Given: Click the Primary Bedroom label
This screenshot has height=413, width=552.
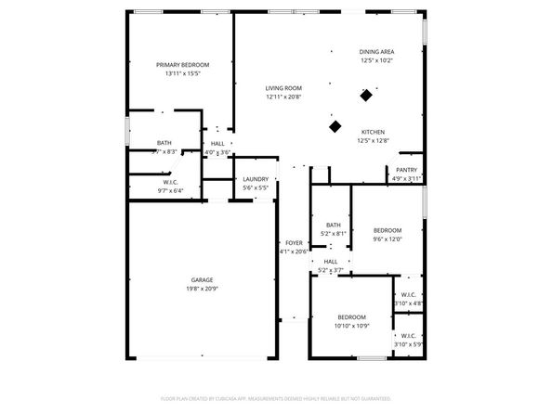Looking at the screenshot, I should click(x=182, y=65).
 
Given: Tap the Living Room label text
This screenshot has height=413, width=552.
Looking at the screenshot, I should click(x=283, y=87).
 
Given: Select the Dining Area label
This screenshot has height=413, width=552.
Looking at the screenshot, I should click(x=376, y=52).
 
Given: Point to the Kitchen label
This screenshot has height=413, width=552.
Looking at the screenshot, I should click(x=373, y=132).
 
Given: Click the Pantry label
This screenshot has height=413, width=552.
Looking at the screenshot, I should click(x=406, y=170).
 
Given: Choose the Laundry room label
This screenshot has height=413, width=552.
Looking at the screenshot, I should click(x=256, y=179).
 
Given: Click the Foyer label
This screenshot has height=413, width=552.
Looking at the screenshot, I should click(x=294, y=243).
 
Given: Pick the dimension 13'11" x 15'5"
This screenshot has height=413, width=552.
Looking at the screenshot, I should click(x=182, y=73).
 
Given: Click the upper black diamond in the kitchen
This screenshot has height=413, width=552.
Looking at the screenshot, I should click(x=367, y=95).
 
